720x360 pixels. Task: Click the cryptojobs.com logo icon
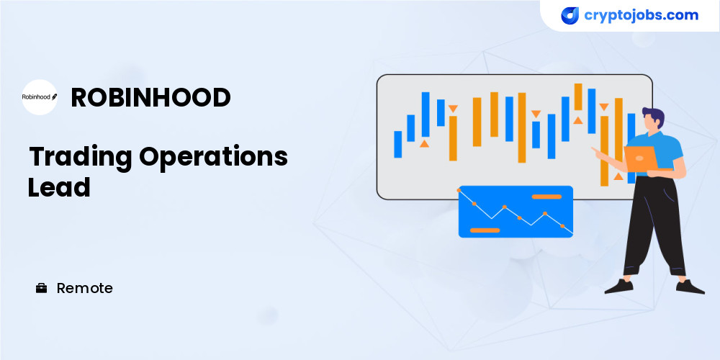coord(570,16)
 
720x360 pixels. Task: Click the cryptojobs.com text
coord(641,15)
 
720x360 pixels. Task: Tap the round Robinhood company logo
coord(40,97)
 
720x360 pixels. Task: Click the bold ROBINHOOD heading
coord(150,97)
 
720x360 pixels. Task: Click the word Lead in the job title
coord(59,187)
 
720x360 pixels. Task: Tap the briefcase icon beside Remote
coord(41,289)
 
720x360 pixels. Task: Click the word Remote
coord(84,289)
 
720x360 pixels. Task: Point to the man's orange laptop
coord(641,158)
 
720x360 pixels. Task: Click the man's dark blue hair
coord(654,116)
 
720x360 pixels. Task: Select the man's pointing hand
coord(596,151)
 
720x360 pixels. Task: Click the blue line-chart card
coord(516,211)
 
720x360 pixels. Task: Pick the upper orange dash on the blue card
coord(546,197)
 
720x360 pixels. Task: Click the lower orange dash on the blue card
coord(485,230)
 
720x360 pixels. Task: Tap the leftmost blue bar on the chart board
coord(397,144)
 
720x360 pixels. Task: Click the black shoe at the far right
coord(689,287)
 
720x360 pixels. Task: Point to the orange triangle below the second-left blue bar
coord(424,144)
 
